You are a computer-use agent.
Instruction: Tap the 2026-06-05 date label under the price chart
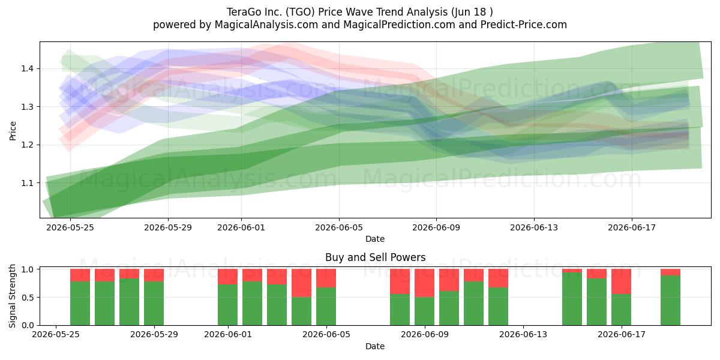point(339,227)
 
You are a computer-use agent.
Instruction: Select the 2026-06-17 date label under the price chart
point(632,227)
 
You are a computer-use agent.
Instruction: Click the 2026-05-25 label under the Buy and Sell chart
point(56,335)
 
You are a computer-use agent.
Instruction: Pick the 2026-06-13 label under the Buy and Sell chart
point(523,335)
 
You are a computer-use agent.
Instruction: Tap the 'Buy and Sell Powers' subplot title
point(375,257)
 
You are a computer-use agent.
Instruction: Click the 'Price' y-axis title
point(13,131)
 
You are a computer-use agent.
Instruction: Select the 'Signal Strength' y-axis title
point(13,296)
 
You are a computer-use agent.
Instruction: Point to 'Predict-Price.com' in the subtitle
point(524,25)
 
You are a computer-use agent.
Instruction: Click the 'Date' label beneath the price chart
point(375,239)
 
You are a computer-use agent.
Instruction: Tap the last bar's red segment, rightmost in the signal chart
point(671,272)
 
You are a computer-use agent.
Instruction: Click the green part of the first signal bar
point(80,304)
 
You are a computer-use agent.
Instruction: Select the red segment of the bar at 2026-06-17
point(622,281)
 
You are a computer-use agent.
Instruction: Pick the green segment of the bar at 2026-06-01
point(227,305)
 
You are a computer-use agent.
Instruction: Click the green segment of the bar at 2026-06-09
point(424,311)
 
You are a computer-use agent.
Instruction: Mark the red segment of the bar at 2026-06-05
point(326,278)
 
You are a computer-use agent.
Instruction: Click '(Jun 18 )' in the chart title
point(472,12)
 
